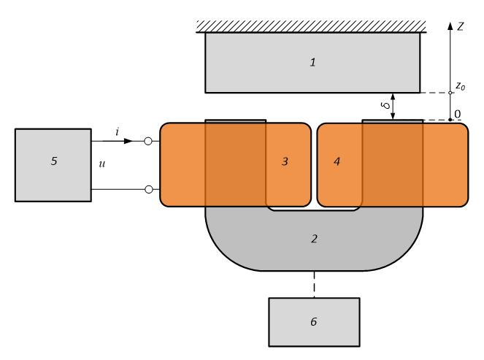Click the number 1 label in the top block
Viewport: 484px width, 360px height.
click(x=312, y=63)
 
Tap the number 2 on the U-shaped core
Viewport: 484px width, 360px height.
click(x=314, y=238)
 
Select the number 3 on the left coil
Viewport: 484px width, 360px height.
click(x=286, y=161)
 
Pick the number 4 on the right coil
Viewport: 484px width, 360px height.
click(x=337, y=161)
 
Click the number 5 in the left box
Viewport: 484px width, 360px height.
click(x=53, y=161)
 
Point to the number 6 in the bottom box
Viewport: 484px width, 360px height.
click(x=314, y=321)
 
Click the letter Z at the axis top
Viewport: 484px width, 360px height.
click(x=461, y=25)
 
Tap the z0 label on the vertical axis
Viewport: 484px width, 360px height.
click(x=460, y=86)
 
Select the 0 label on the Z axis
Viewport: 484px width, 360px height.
click(x=458, y=113)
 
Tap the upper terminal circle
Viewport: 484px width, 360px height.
click(x=148, y=141)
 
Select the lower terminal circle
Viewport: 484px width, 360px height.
click(x=148, y=190)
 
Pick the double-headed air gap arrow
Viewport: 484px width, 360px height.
click(x=393, y=106)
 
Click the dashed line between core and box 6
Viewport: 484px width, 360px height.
click(x=314, y=284)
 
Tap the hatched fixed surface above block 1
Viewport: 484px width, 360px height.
click(x=312, y=27)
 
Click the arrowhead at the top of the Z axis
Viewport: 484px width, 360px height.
click(x=450, y=25)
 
